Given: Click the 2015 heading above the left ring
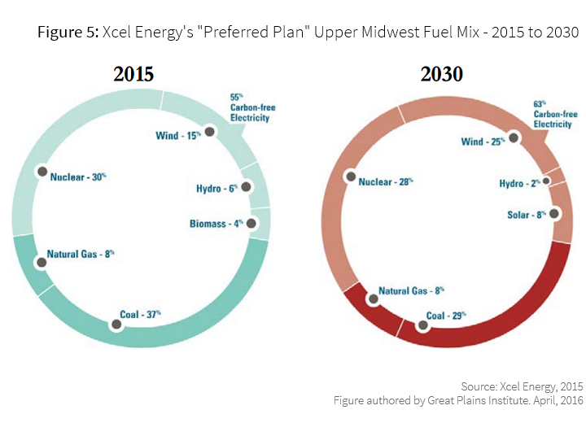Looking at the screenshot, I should [133, 74].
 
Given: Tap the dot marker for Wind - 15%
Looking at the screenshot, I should [210, 131].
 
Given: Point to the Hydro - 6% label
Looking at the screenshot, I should [216, 189].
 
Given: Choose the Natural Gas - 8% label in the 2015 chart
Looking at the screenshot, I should [81, 255].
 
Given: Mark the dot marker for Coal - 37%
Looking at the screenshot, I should [116, 325].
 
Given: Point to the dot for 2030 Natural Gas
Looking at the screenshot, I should [374, 299].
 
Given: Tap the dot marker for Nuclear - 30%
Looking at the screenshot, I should [40, 172].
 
